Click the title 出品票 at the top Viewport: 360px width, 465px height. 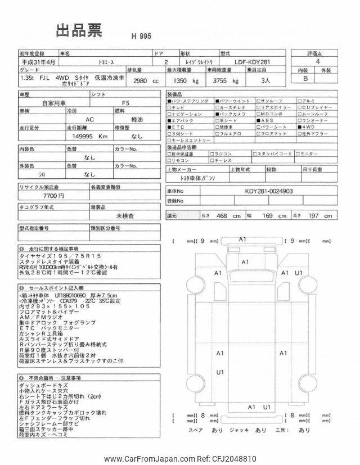(79, 31)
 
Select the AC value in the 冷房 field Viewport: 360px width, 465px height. (90, 120)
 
